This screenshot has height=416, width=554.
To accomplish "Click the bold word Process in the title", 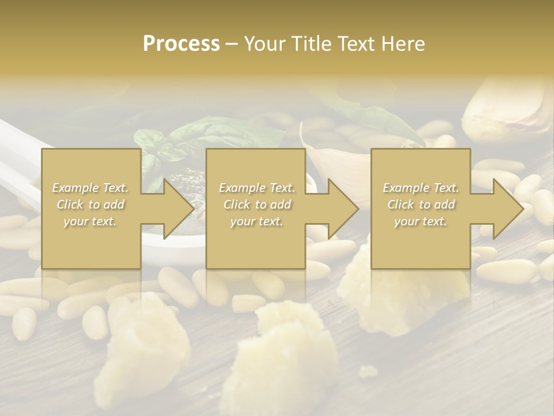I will click(181, 44).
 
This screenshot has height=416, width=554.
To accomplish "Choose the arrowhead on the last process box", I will click(505, 209).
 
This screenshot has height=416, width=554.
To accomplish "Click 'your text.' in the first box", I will click(90, 221).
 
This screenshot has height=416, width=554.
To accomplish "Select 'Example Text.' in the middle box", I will click(256, 188).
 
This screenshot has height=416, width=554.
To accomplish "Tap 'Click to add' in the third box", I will click(421, 205).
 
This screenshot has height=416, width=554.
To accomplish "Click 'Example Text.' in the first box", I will click(90, 188).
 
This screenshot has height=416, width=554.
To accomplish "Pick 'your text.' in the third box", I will click(421, 221).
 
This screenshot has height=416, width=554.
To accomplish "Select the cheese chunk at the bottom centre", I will click(294, 347).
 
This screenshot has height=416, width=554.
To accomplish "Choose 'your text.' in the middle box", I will click(256, 221).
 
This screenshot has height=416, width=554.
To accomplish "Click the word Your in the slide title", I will click(263, 44).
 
